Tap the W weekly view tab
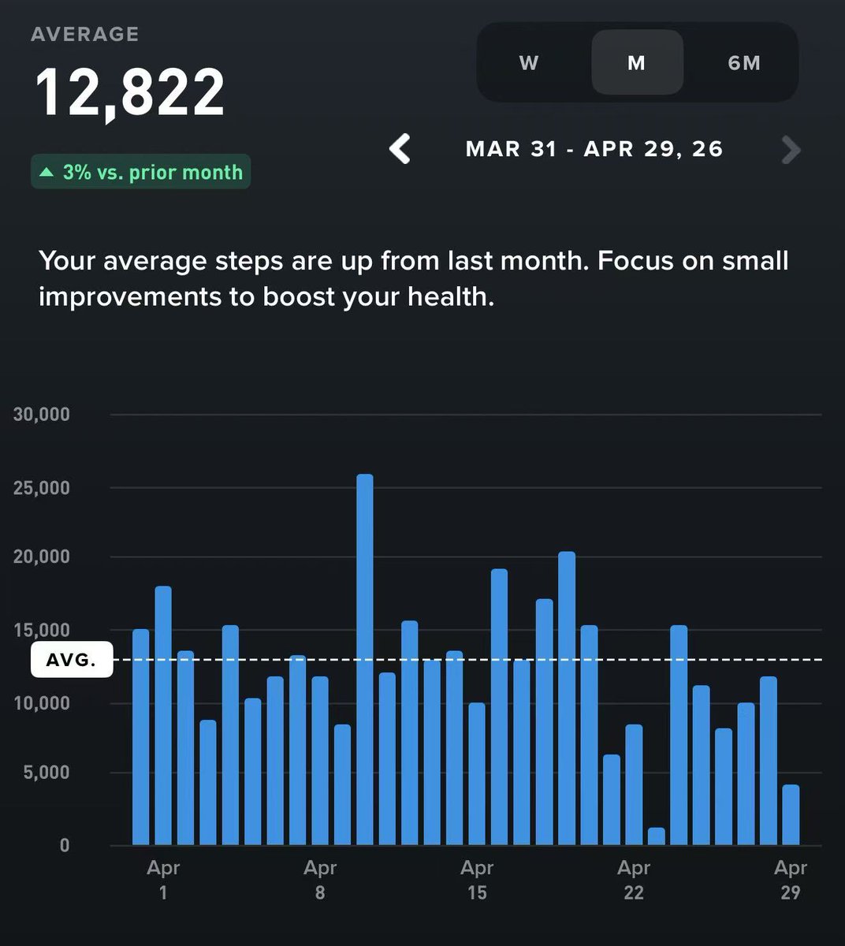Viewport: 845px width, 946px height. tap(529, 63)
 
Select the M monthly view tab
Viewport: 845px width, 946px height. tap(637, 63)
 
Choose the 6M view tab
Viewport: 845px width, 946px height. tap(744, 63)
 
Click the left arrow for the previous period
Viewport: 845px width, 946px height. tap(400, 149)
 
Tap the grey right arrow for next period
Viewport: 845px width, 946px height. tap(790, 149)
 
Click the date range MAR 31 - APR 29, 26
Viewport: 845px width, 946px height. tap(594, 149)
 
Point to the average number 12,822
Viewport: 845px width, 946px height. tap(130, 93)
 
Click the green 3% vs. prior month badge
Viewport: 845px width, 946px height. tap(141, 172)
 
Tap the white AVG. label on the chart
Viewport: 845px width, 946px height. tap(71, 661)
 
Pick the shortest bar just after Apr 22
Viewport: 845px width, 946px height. tap(656, 836)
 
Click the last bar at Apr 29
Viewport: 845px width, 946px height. tap(791, 815)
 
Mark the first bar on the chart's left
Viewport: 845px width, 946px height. tap(140, 737)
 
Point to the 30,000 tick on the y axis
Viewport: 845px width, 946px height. tap(42, 415)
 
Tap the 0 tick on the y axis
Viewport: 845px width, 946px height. tap(64, 845)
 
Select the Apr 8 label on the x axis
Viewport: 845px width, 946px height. tap(320, 880)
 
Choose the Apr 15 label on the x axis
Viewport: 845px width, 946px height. tap(477, 880)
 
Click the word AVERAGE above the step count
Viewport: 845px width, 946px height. tap(85, 35)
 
